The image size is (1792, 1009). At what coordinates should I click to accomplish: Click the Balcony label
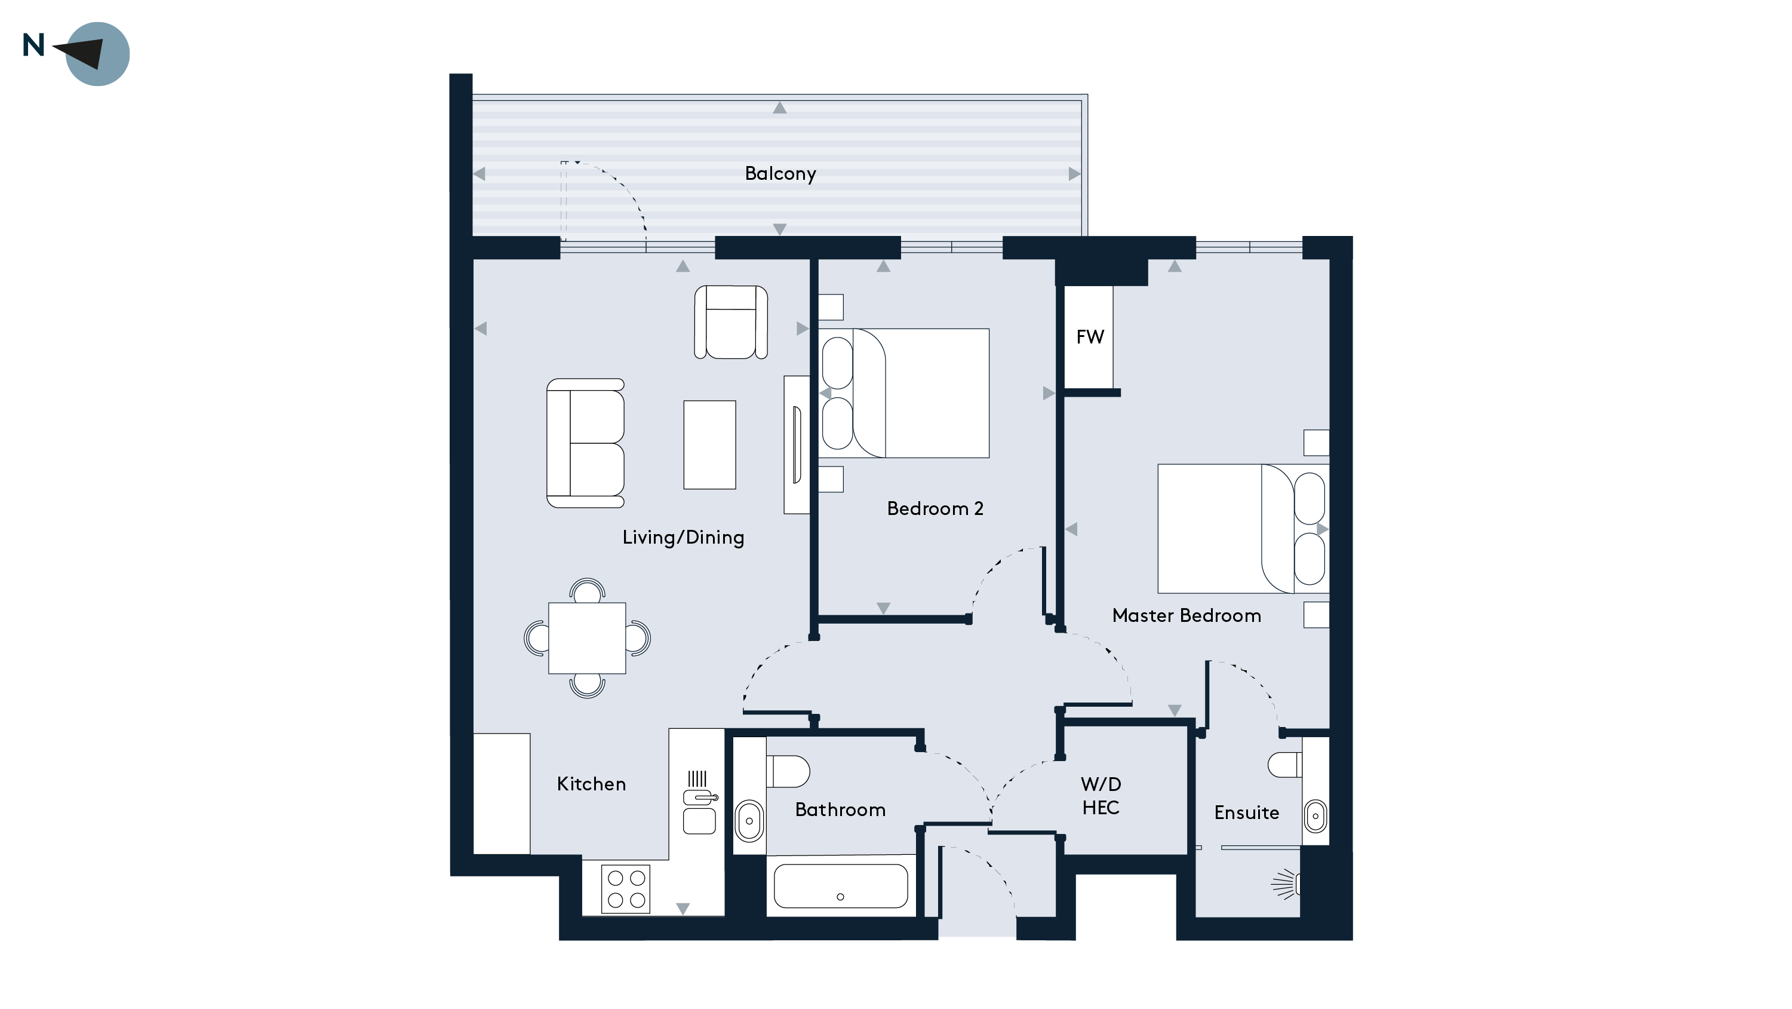pyautogui.click(x=780, y=173)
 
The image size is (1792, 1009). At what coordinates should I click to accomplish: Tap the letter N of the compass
pyautogui.click(x=33, y=45)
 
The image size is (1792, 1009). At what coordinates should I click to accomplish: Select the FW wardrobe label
pyautogui.click(x=1089, y=338)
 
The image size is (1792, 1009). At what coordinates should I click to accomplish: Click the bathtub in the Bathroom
pyautogui.click(x=840, y=887)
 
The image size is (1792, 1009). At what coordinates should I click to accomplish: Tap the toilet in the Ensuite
pyautogui.click(x=1284, y=765)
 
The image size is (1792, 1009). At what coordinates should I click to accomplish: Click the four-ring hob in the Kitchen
pyautogui.click(x=625, y=888)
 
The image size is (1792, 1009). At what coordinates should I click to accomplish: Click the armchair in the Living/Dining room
pyautogui.click(x=730, y=322)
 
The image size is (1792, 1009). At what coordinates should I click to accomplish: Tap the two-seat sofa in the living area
pyautogui.click(x=585, y=443)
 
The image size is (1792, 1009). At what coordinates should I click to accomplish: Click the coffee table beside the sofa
pyautogui.click(x=709, y=444)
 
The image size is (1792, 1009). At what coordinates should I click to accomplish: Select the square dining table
pyautogui.click(x=586, y=638)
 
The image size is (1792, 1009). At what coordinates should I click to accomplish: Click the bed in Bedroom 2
pyautogui.click(x=904, y=393)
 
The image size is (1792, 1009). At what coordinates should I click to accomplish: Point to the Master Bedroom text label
pyautogui.click(x=1186, y=616)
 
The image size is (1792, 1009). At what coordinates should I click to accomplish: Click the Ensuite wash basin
pyautogui.click(x=1315, y=816)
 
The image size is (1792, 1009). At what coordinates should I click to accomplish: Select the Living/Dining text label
pyautogui.click(x=683, y=537)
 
